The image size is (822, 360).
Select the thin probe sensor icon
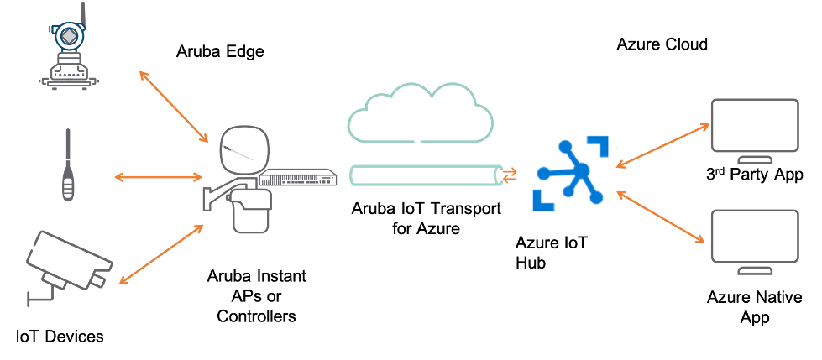[x=68, y=165]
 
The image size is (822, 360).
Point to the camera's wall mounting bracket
[x=41, y=294]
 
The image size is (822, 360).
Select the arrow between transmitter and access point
[x=174, y=105]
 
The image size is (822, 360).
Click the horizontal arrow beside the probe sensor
[x=157, y=177]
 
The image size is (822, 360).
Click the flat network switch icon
[x=298, y=179]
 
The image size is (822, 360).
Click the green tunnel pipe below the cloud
[x=425, y=176]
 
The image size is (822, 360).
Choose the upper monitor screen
[x=754, y=126]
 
